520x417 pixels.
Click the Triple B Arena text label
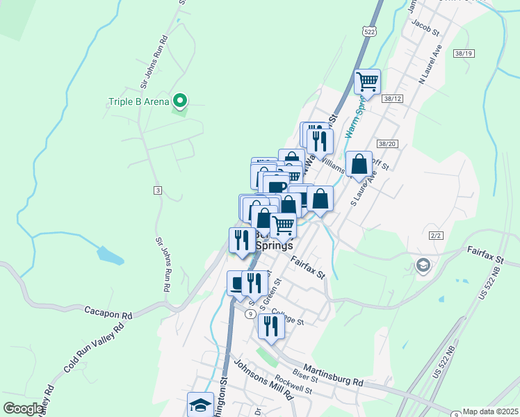coord(139,102)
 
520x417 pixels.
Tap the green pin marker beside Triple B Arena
coord(181,101)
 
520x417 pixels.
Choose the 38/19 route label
coord(463,54)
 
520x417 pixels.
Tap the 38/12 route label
coord(392,99)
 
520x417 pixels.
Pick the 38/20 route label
coord(387,144)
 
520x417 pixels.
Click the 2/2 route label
coord(437,236)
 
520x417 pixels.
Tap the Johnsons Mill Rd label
coord(263,378)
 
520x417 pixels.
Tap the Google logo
coord(23,409)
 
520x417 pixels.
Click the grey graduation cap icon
coord(423,265)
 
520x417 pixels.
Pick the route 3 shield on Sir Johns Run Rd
coord(158,190)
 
